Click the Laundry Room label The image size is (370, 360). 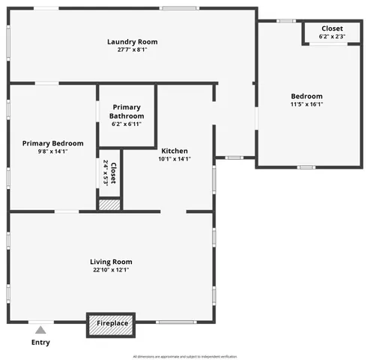click(133, 42)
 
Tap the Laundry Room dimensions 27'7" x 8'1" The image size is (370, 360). click(133, 51)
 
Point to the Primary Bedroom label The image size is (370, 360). click(52, 142)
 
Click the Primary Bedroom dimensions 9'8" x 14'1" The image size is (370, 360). click(52, 151)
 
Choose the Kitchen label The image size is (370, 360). click(175, 151)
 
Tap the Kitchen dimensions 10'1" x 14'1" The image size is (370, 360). click(175, 159)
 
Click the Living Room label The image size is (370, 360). click(112, 262)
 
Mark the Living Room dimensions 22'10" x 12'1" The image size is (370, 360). click(112, 270)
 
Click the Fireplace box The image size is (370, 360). click(112, 323)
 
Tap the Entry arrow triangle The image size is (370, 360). click(40, 329)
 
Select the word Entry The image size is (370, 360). click(40, 343)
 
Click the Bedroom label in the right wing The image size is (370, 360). click(307, 96)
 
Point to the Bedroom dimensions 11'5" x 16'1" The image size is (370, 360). click(307, 104)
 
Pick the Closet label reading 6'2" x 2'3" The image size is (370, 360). click(332, 32)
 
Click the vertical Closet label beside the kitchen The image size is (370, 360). click(109, 173)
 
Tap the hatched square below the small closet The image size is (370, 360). click(109, 203)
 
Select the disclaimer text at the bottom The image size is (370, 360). click(184, 356)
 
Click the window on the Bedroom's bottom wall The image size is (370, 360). click(306, 167)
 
